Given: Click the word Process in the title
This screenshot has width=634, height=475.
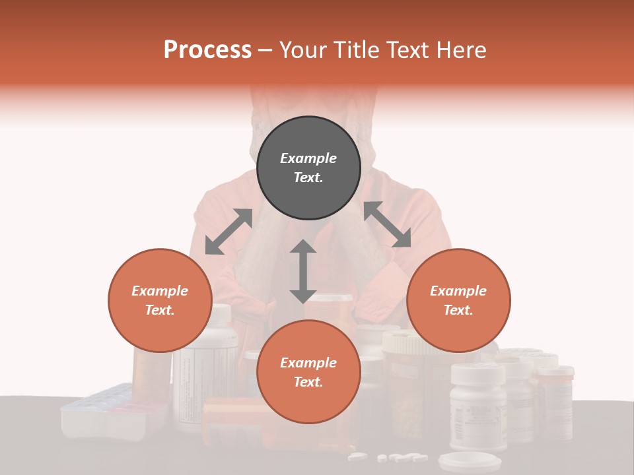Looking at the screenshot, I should pyautogui.click(x=207, y=50).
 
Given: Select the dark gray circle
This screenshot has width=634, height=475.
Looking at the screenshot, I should pyautogui.click(x=308, y=168).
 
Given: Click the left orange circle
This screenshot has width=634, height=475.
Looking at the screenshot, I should pyautogui.click(x=160, y=300).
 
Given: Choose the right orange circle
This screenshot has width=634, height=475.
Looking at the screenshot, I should pyautogui.click(x=458, y=300).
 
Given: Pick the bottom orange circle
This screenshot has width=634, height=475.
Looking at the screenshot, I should pyautogui.click(x=308, y=372).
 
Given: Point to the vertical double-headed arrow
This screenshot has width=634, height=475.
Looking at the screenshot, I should pyautogui.click(x=303, y=271).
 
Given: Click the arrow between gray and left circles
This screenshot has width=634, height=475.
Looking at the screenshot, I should pyautogui.click(x=229, y=232).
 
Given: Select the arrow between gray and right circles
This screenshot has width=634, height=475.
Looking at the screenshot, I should pyautogui.click(x=387, y=225).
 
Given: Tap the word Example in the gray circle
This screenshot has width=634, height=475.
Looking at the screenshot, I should pyautogui.click(x=308, y=158).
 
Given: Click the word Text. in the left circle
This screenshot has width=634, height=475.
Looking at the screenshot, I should pyautogui.click(x=160, y=310).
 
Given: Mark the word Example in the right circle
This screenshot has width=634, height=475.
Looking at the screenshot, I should pyautogui.click(x=458, y=291).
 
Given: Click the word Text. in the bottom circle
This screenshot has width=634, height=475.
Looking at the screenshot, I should pyautogui.click(x=308, y=382).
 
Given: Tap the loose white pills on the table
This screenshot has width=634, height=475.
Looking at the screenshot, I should pyautogui.click(x=390, y=457).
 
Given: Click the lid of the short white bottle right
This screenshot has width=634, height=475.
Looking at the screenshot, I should pyautogui.click(x=477, y=372).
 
